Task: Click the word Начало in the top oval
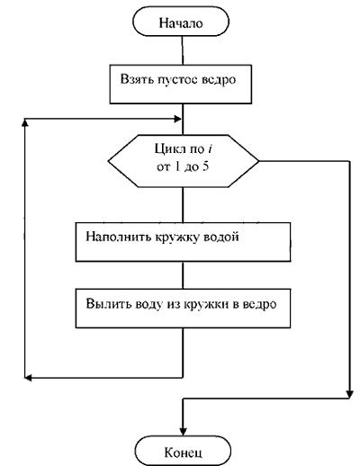(181, 23)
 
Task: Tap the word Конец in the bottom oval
(183, 453)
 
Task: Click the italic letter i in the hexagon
(210, 148)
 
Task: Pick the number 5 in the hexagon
(205, 166)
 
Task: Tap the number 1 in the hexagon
(177, 166)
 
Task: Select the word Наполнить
(119, 237)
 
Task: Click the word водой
(221, 237)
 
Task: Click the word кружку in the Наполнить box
(177, 237)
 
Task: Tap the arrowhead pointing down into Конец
(183, 431)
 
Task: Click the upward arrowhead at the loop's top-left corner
(25, 122)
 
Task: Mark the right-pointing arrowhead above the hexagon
(178, 119)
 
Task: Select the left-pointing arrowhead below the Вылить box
(28, 378)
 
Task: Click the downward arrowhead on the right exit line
(349, 394)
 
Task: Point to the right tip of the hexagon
(259, 161)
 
